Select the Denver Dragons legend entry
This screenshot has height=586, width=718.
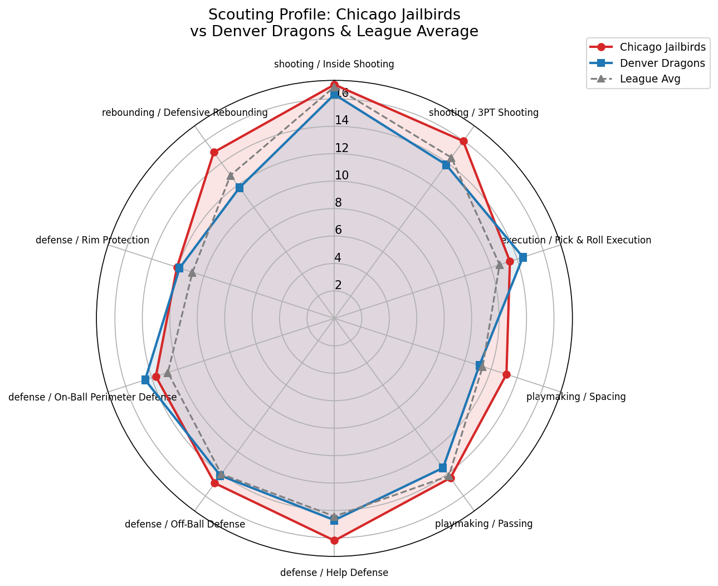tap(662, 63)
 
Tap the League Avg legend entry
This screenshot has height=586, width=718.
tap(650, 79)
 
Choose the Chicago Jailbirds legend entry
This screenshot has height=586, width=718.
tap(662, 47)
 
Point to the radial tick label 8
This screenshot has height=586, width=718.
tap(338, 203)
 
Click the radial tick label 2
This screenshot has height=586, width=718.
tap(338, 285)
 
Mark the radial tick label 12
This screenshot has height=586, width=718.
tap(341, 148)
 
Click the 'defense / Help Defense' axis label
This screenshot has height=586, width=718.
tap(334, 573)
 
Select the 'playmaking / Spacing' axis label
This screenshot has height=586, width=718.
tap(576, 397)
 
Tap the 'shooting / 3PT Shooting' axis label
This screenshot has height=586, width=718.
tap(483, 113)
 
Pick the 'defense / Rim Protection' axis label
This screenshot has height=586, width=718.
tap(92, 241)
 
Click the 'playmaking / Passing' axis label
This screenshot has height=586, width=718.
tap(483, 524)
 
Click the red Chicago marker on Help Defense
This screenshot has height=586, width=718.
tap(334, 540)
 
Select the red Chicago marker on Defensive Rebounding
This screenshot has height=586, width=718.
tap(214, 152)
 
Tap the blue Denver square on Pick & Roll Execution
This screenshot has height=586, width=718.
tap(522, 257)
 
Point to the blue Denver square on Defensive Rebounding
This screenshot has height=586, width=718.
tap(240, 188)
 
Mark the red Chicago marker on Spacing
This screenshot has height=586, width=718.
tap(506, 374)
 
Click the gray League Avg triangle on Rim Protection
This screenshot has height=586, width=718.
tap(192, 272)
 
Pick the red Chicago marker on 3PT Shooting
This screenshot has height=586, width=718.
tap(463, 141)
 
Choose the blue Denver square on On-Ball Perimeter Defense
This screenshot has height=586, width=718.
tap(145, 380)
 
